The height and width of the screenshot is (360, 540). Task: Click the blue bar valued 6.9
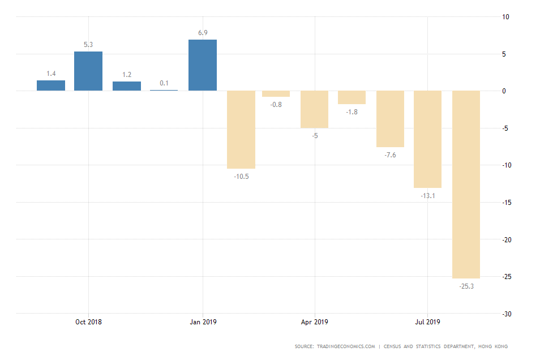click(202, 65)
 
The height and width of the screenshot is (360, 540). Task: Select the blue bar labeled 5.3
click(88, 71)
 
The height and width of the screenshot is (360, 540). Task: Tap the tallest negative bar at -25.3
click(466, 185)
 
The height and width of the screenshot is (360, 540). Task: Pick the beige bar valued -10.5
click(241, 130)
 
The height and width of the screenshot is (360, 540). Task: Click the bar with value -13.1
click(427, 139)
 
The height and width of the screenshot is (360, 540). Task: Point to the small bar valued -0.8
click(276, 94)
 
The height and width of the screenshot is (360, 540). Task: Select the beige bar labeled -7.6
click(390, 119)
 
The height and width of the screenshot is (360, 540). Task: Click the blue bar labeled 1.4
click(51, 85)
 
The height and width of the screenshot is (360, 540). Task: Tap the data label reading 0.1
click(164, 83)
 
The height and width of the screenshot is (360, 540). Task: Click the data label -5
click(315, 136)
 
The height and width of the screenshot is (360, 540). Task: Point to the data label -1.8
click(352, 112)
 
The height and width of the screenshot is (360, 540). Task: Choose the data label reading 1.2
click(126, 75)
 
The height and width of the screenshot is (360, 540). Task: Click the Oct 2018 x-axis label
click(88, 322)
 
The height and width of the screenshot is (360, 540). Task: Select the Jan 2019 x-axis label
click(202, 322)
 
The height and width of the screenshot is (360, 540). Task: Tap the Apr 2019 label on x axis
click(314, 322)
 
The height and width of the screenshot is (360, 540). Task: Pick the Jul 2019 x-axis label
click(427, 322)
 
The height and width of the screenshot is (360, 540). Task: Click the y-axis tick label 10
click(505, 17)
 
